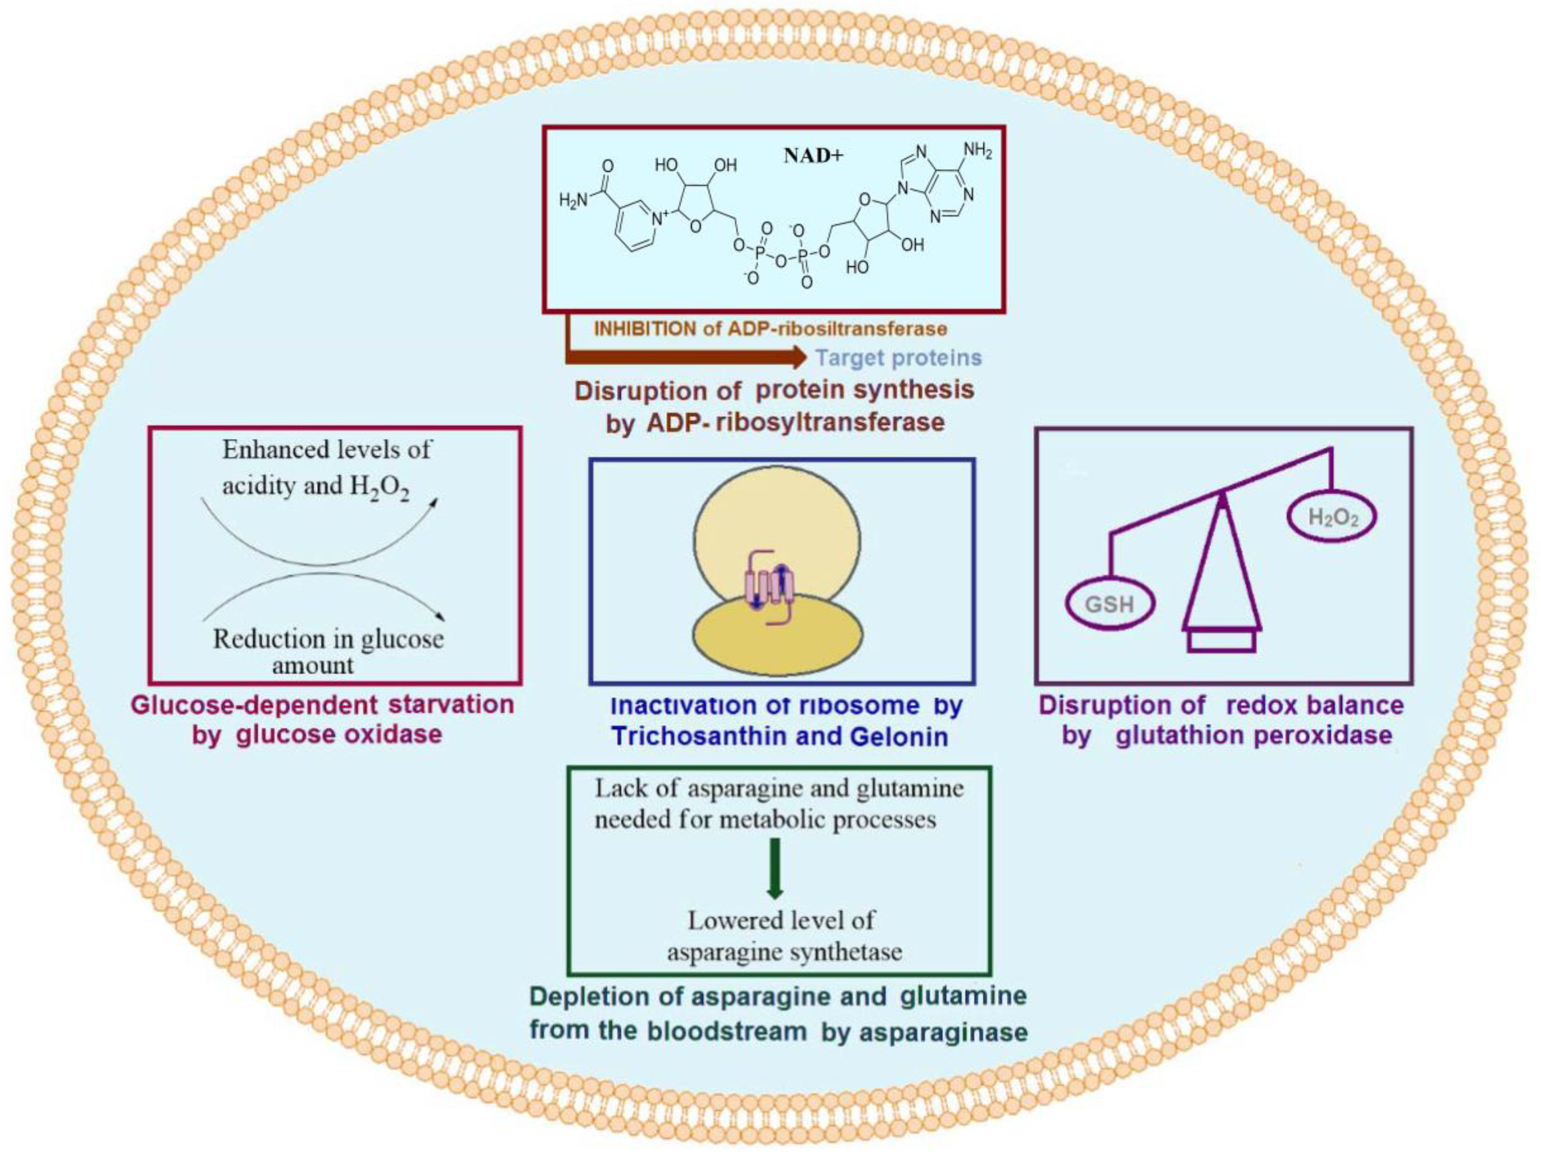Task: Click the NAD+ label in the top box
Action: [x=813, y=155]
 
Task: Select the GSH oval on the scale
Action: [x=1110, y=603]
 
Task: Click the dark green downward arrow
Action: [x=775, y=867]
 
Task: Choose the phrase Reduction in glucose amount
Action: [x=328, y=651]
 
